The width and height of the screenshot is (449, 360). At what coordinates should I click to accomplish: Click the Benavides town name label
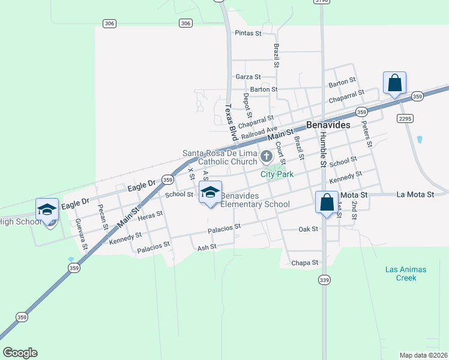point(328,125)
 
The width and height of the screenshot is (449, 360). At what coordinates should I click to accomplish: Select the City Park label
point(277,174)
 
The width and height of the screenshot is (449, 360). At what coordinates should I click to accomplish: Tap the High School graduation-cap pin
point(47,211)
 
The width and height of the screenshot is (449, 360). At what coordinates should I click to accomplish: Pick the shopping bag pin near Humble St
point(327,203)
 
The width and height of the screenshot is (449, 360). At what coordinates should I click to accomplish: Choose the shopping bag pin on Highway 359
point(394,83)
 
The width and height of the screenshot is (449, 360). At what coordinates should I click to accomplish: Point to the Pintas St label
point(248,34)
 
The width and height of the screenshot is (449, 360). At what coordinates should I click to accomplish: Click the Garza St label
point(248,77)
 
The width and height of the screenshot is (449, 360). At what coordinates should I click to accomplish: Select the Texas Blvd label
point(229,119)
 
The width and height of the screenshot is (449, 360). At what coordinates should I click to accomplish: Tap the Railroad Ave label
point(259,132)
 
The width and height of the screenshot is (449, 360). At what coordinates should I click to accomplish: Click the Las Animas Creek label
point(406,274)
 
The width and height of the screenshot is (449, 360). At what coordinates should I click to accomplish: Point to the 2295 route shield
point(405,119)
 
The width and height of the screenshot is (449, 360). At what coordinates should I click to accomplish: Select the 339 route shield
point(324,280)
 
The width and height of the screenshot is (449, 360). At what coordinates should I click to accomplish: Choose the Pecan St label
point(102,220)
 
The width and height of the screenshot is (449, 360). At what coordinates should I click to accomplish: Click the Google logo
point(20,353)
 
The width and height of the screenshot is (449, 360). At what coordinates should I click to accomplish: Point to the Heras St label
point(150,215)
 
